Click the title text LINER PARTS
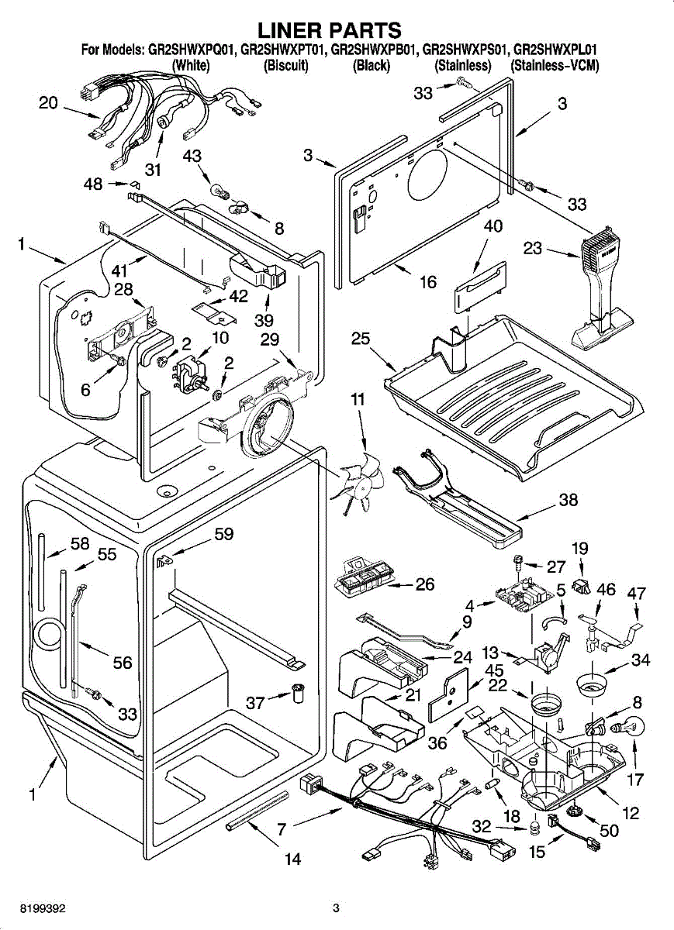pos(330,30)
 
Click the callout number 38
pos(568,501)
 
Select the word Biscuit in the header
pos(287,66)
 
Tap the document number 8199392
pos(32,908)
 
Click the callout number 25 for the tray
pos(360,339)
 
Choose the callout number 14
pos(292,858)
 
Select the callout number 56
pos(122,663)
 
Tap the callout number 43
pos(192,157)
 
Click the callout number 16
pos(428,282)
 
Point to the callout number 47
pos(636,594)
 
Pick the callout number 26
pos(424,584)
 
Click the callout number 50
pos(609,832)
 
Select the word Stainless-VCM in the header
pos(555,66)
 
